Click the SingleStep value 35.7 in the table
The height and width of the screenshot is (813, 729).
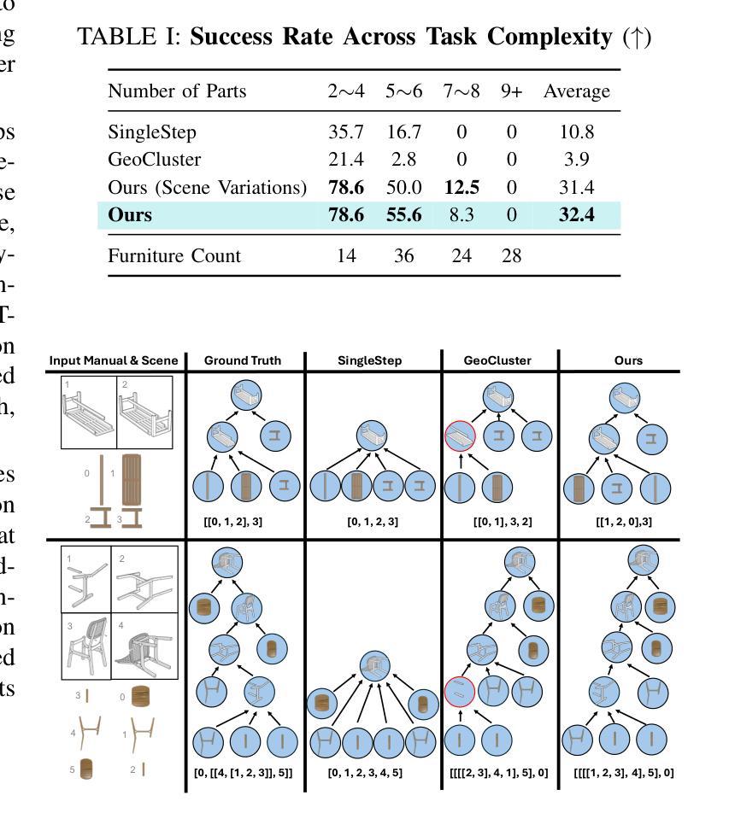pyautogui.click(x=345, y=132)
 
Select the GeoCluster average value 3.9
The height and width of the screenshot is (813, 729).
pyautogui.click(x=575, y=160)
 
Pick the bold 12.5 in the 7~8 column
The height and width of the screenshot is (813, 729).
pyautogui.click(x=461, y=187)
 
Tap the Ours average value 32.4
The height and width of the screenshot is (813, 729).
pyautogui.click(x=576, y=214)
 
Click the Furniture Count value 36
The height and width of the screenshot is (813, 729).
pyautogui.click(x=403, y=256)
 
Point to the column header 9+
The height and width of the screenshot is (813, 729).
pyautogui.click(x=511, y=91)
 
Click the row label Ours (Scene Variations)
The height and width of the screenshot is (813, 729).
pyautogui.click(x=207, y=187)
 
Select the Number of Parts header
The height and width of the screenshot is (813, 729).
pyautogui.click(x=177, y=91)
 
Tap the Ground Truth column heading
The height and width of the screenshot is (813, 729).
pyautogui.click(x=243, y=360)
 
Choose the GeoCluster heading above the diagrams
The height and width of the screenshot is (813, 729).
pyautogui.click(x=497, y=360)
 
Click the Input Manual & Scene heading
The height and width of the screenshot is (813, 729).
pyautogui.click(x=113, y=360)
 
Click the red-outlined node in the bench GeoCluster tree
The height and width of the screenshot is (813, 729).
pyautogui.click(x=461, y=438)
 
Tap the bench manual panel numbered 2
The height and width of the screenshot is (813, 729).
pyautogui.click(x=144, y=412)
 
